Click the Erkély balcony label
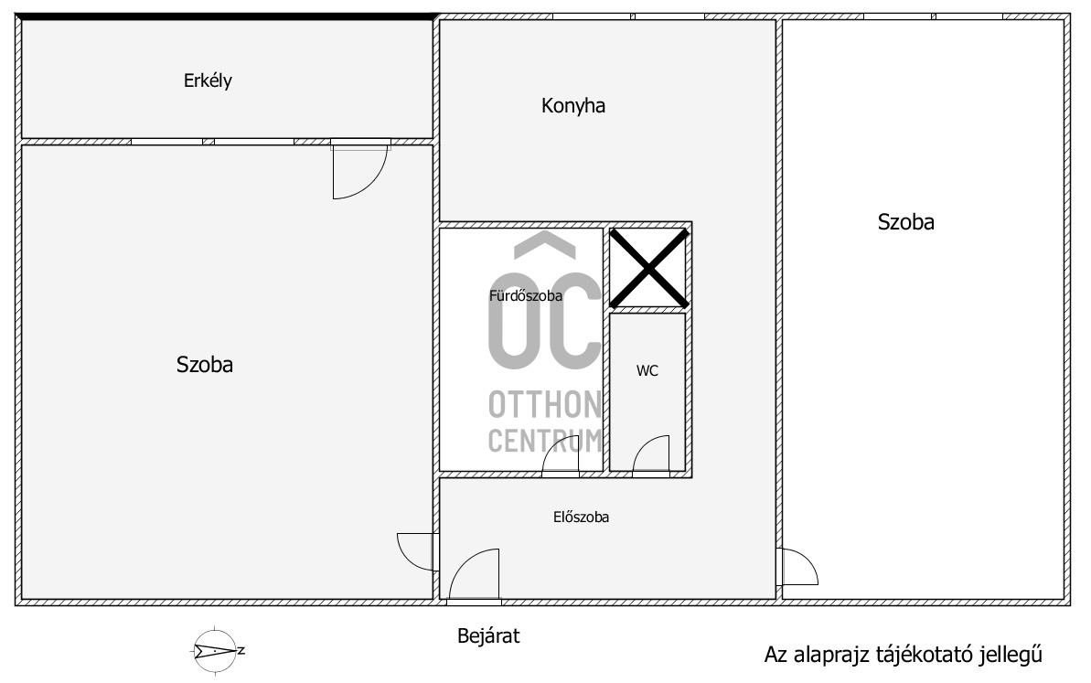[208, 80]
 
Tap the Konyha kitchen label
[573, 106]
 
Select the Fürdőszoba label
[525, 295]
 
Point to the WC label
[647, 370]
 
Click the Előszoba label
[581, 517]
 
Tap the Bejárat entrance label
[488, 635]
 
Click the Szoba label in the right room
[905, 222]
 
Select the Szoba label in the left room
[204, 365]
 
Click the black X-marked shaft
[648, 268]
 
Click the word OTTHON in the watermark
[545, 404]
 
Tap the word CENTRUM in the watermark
[545, 441]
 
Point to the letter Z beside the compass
[241, 651]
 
